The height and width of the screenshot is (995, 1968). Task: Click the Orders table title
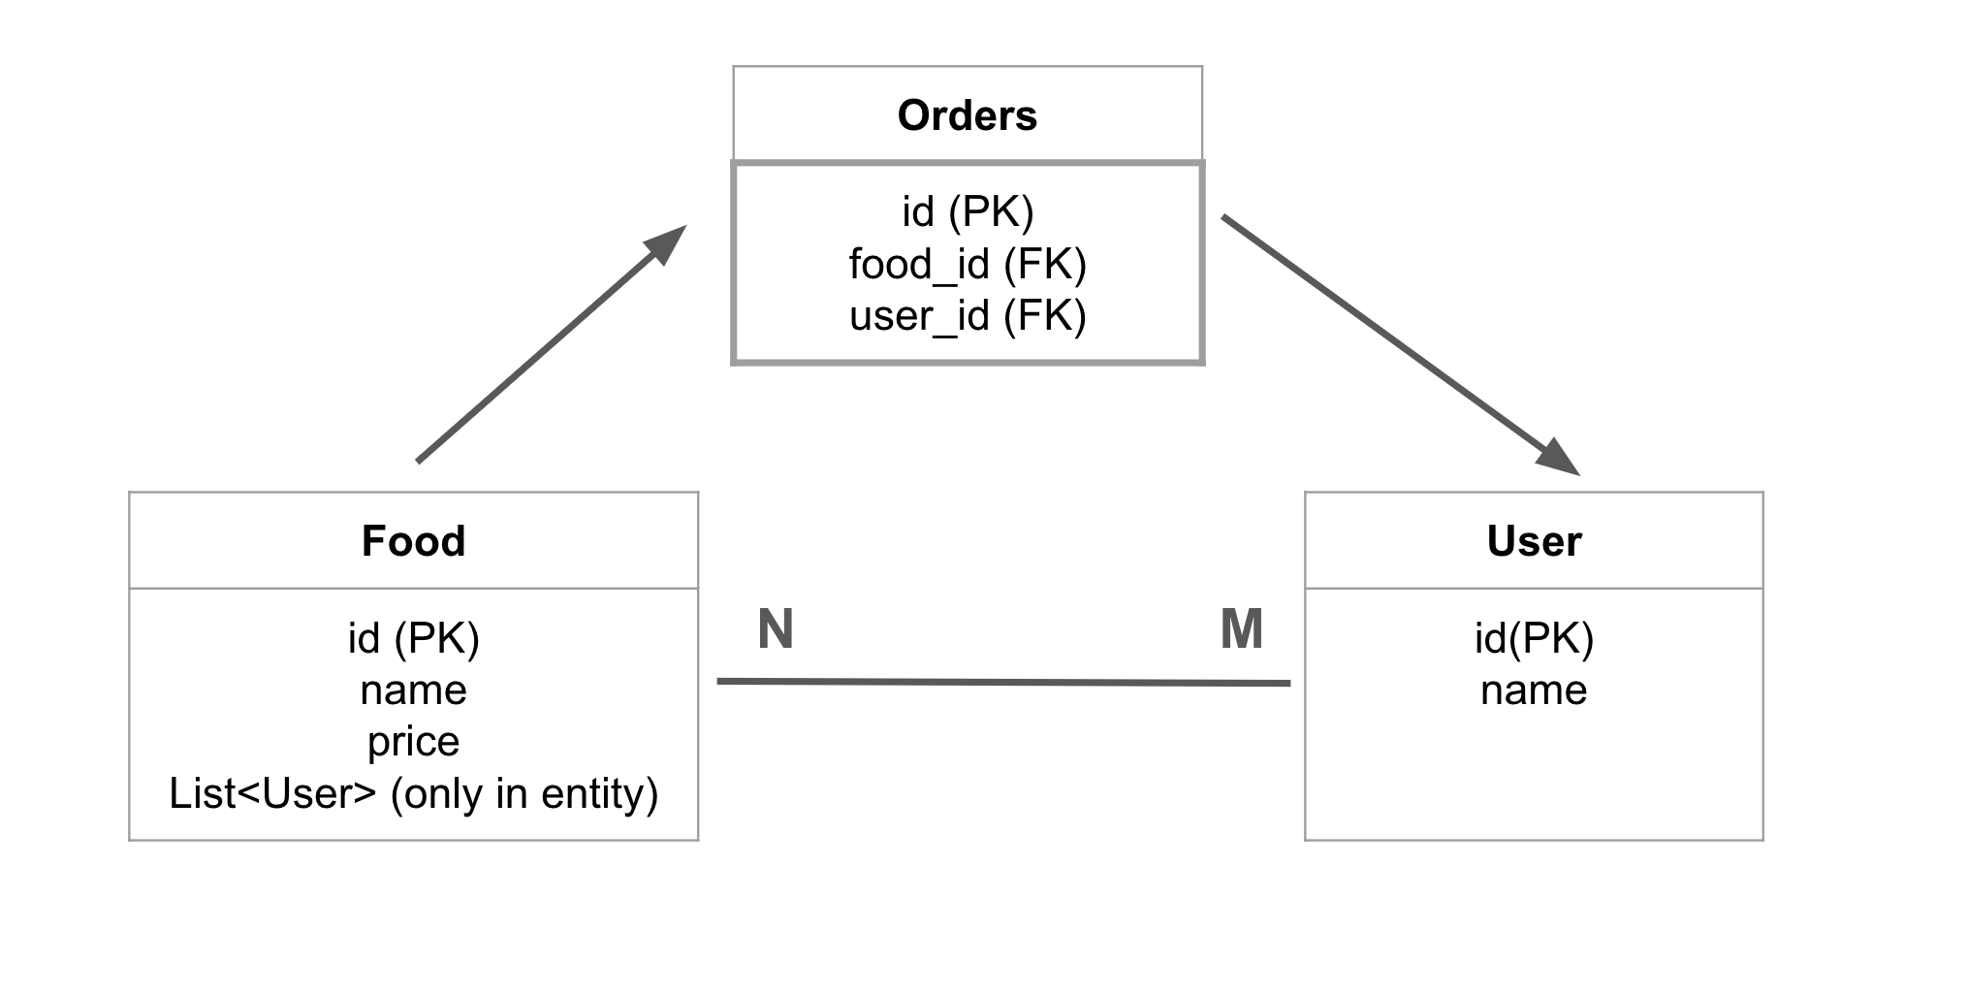tap(967, 115)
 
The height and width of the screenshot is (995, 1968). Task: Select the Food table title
tap(413, 541)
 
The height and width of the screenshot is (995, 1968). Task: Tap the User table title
tap(1534, 541)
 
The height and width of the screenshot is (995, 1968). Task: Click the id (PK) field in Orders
tap(968, 211)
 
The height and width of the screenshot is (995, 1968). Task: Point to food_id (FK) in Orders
tap(968, 264)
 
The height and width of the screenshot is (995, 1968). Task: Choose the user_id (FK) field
tap(968, 316)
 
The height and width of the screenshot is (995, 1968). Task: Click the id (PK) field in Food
tap(414, 638)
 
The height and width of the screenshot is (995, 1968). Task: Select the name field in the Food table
tap(414, 690)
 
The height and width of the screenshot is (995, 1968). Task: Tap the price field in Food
tap(414, 742)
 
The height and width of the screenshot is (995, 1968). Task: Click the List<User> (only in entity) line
tap(414, 793)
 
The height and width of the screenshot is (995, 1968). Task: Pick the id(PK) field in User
tap(1534, 638)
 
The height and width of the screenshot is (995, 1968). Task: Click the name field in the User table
tap(1534, 690)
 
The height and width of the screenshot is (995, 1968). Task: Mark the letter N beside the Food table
tap(776, 628)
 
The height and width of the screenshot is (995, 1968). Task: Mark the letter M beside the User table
tap(1242, 628)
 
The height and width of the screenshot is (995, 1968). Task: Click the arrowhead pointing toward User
tap(1560, 458)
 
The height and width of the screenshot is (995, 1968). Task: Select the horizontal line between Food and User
tap(1003, 682)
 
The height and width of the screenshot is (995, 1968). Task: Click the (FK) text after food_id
tap(1045, 264)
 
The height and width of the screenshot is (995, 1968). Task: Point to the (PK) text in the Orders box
tap(991, 211)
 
